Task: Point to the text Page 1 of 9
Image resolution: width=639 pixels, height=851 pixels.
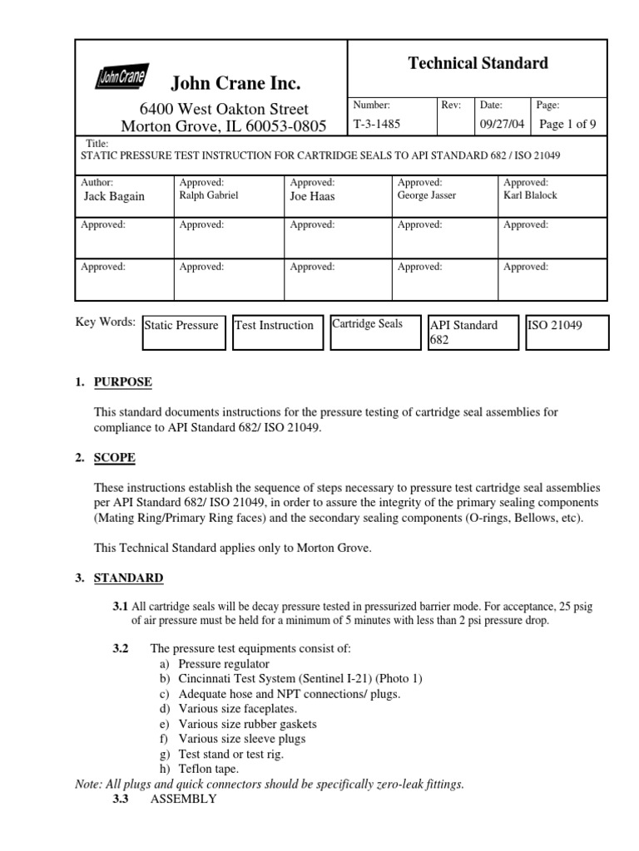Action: [x=567, y=125]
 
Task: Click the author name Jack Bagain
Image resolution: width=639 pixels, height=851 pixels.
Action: [x=114, y=196]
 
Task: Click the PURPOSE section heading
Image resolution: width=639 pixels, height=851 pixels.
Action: [x=122, y=382]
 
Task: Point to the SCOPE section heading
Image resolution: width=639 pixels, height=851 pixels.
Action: [x=115, y=458]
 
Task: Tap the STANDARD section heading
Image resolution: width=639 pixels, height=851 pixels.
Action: [x=128, y=578]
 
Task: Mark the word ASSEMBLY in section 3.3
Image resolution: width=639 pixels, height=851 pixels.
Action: [x=183, y=799]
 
